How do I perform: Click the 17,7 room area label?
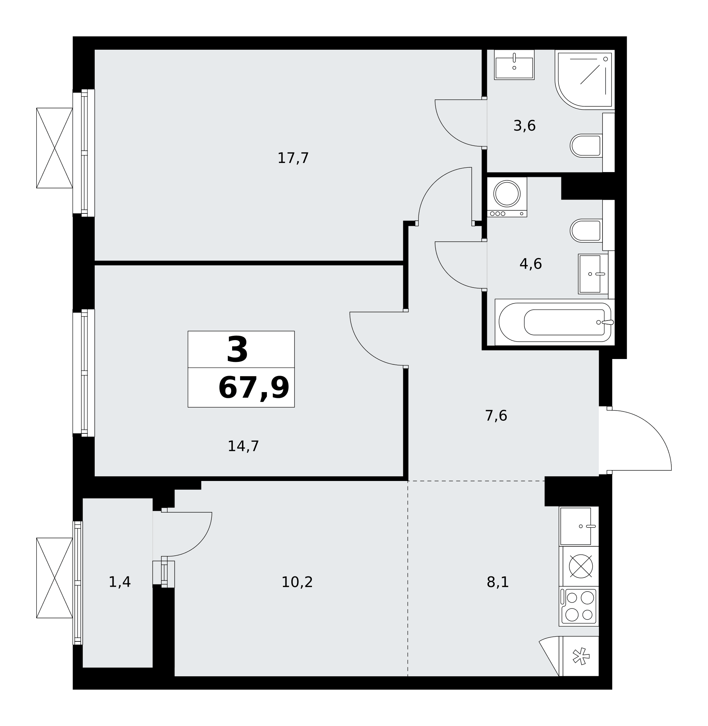tap(293, 159)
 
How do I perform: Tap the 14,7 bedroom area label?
tap(243, 446)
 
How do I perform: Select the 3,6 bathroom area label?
tap(524, 126)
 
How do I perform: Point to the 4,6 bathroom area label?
tap(531, 264)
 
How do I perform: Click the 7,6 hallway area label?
tap(496, 416)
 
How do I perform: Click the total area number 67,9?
tap(254, 388)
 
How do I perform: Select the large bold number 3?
tap(237, 350)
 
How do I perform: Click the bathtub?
tap(555, 322)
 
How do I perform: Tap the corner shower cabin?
tap(585, 79)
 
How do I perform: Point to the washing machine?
tap(507, 197)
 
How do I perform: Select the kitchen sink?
tap(579, 526)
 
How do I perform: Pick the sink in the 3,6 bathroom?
tap(514, 65)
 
